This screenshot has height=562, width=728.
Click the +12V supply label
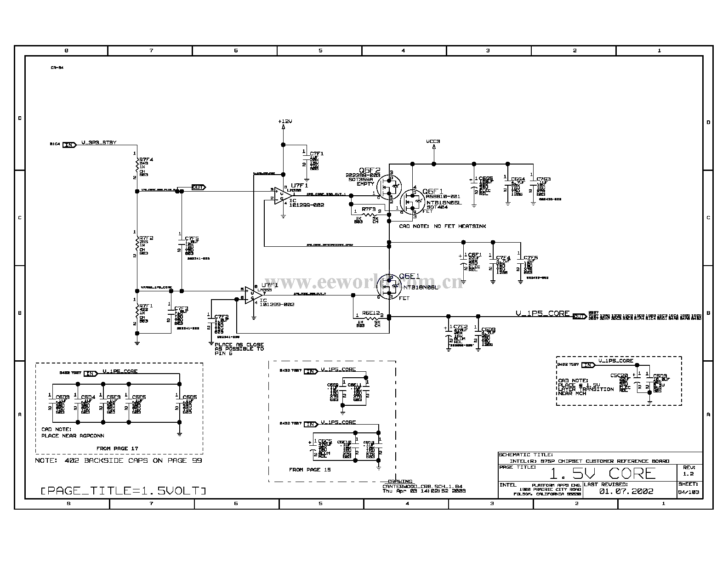click(285, 121)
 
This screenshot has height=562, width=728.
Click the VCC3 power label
click(433, 142)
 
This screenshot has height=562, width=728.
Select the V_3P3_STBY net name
click(99, 142)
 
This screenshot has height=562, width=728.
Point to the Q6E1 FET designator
click(409, 276)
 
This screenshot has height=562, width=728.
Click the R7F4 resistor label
click(146, 159)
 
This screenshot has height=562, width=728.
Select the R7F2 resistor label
click(146, 238)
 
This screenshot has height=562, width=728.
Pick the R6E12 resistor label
click(371, 313)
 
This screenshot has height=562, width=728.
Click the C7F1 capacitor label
click(317, 153)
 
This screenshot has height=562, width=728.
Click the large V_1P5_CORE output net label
click(542, 314)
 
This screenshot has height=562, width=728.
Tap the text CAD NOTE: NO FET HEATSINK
click(442, 226)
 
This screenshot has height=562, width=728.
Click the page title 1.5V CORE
click(603, 473)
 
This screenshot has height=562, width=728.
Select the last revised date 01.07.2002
click(626, 491)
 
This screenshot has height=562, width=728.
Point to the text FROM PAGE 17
click(117, 448)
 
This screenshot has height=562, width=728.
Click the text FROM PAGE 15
click(310, 470)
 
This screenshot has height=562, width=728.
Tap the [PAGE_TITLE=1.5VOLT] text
click(123, 491)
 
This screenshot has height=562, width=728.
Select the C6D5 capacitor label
click(190, 397)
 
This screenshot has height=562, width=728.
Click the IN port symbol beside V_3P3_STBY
click(69, 145)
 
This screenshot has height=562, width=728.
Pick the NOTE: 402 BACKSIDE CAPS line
click(119, 460)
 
